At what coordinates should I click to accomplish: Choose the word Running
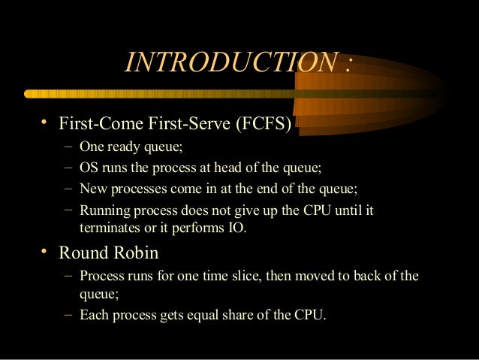point(104,210)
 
